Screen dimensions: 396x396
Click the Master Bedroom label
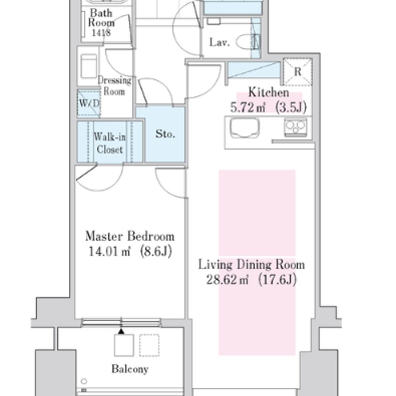[x=130, y=236]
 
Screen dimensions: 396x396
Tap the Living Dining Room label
[x=251, y=265]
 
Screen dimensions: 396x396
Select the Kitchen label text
[x=269, y=92]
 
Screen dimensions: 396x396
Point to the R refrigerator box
[x=297, y=72]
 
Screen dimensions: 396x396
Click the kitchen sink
[x=244, y=128]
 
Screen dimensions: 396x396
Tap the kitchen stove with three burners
[x=295, y=127]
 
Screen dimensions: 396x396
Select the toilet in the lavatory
[x=247, y=42]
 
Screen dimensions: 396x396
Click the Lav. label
[x=220, y=43]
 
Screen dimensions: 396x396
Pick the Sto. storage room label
[x=165, y=133]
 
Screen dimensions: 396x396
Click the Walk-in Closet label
[x=109, y=143]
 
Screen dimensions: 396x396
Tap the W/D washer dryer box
[x=89, y=103]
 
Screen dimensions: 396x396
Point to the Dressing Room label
[x=114, y=86]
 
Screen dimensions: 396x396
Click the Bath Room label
[x=101, y=18]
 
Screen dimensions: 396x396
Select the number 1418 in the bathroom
[x=101, y=32]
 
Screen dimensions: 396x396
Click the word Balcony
[x=130, y=369]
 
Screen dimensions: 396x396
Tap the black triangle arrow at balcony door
[x=121, y=331]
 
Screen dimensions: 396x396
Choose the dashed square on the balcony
[x=149, y=345]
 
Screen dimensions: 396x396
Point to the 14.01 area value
[x=109, y=251]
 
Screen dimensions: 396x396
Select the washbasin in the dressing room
[x=89, y=66]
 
